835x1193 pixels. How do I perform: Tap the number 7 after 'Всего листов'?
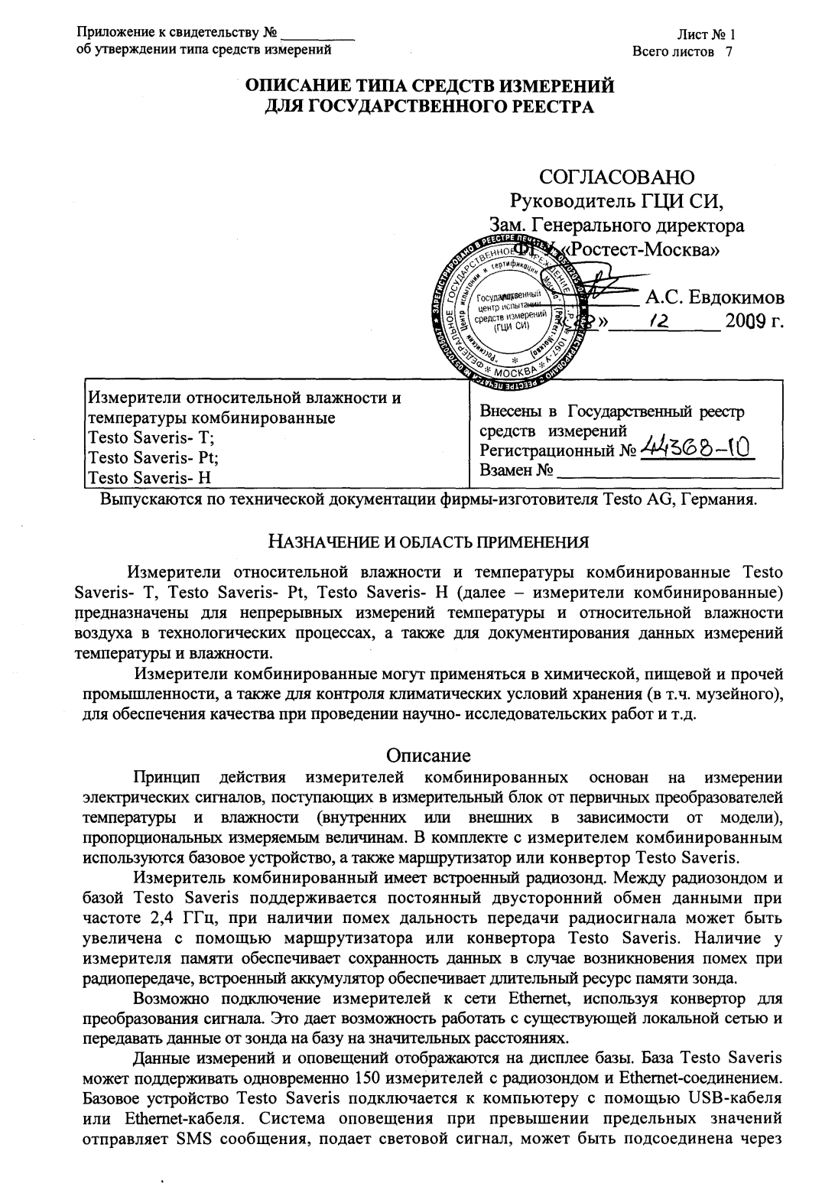tap(729, 51)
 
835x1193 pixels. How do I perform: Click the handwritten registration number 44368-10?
tap(700, 446)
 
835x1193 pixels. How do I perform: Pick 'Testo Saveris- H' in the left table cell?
tap(150, 479)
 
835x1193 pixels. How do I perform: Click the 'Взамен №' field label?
tap(516, 470)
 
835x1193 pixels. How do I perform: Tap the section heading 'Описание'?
tap(428, 755)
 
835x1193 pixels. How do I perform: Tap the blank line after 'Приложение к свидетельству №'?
tap(318, 34)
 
